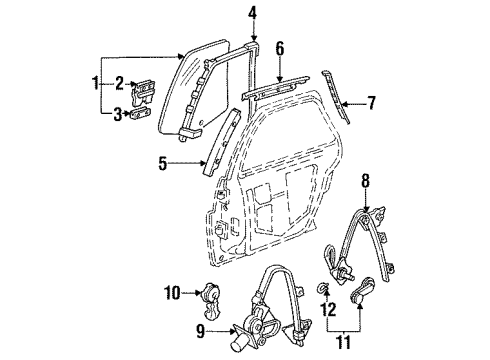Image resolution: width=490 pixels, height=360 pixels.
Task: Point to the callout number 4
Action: (x=252, y=13)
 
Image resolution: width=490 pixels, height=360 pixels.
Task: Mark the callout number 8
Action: (x=366, y=182)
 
